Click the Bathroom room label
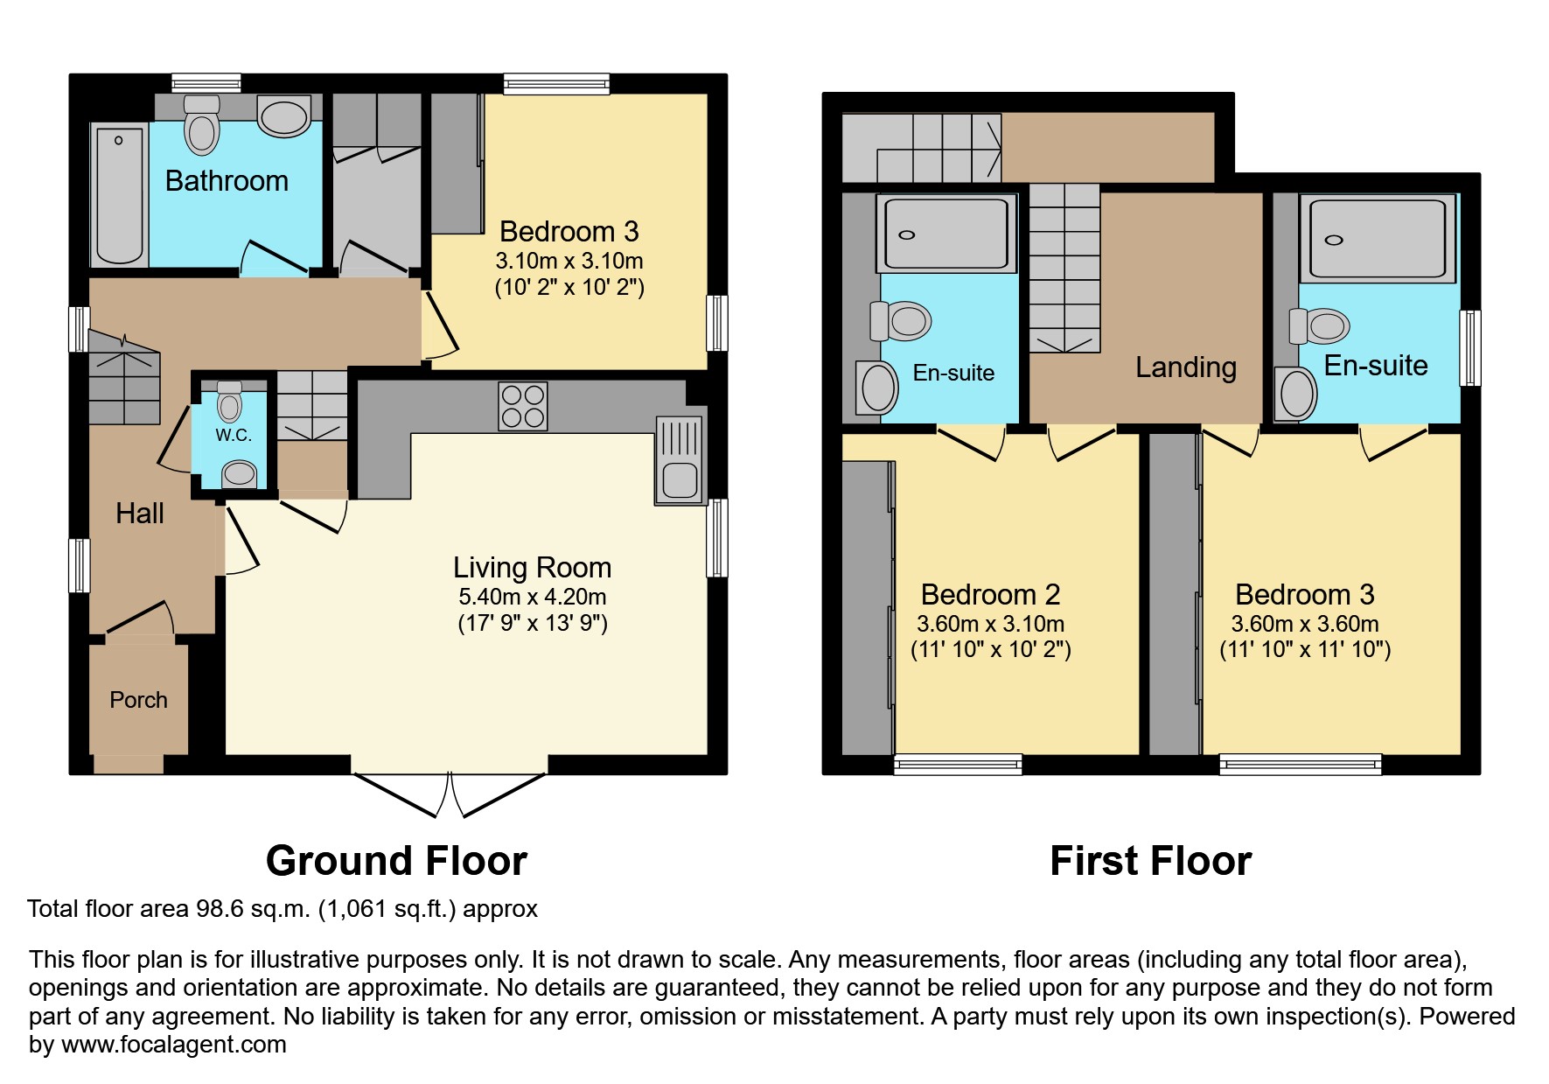pyautogui.click(x=227, y=181)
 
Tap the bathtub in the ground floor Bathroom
pyautogui.click(x=119, y=194)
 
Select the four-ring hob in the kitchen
pyautogui.click(x=523, y=406)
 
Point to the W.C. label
pyautogui.click(x=234, y=435)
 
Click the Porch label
pyautogui.click(x=138, y=700)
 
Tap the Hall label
pyautogui.click(x=140, y=514)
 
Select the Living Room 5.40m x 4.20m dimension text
pyautogui.click(x=532, y=597)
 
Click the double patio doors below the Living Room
pyautogui.click(x=450, y=794)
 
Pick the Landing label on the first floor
pyautogui.click(x=1185, y=367)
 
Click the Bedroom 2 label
pyautogui.click(x=990, y=595)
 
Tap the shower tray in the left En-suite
pyautogui.click(x=946, y=234)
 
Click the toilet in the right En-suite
pyautogui.click(x=1320, y=326)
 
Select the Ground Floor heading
pyautogui.click(x=396, y=861)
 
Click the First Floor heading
pyautogui.click(x=1150, y=861)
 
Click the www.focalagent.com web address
pyautogui.click(x=173, y=1045)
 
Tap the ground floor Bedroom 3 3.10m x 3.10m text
pyautogui.click(x=569, y=261)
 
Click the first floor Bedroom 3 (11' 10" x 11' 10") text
pyautogui.click(x=1305, y=649)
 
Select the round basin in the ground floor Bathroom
pyautogui.click(x=284, y=117)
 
